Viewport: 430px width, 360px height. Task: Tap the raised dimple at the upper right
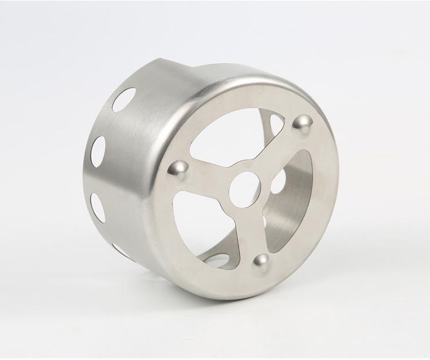(303, 123)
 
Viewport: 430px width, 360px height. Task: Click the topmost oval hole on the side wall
(124, 99)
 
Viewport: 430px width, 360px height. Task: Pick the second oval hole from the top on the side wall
(99, 152)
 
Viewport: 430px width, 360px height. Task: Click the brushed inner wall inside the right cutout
(301, 206)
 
